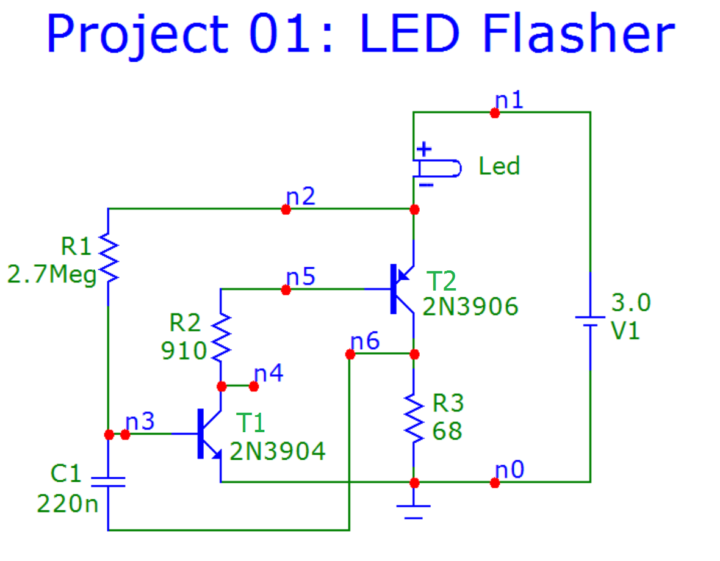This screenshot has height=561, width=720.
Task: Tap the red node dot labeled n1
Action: tap(495, 113)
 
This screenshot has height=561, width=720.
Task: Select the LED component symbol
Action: tap(437, 167)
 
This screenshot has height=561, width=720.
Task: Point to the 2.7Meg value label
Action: tap(52, 275)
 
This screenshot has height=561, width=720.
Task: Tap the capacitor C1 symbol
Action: tap(109, 482)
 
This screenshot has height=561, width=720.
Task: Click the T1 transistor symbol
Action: tap(207, 435)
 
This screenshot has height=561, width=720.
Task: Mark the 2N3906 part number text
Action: tap(470, 306)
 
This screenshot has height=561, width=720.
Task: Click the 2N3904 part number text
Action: tap(278, 452)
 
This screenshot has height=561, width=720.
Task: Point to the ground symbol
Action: tap(414, 510)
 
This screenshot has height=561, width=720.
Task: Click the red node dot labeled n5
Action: tap(286, 290)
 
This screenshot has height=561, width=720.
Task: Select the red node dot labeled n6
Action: tap(350, 354)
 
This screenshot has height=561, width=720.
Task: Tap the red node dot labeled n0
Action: tap(495, 483)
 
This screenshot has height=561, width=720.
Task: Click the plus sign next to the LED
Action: tap(424, 148)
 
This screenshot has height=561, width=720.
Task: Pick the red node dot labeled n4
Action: tap(254, 386)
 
